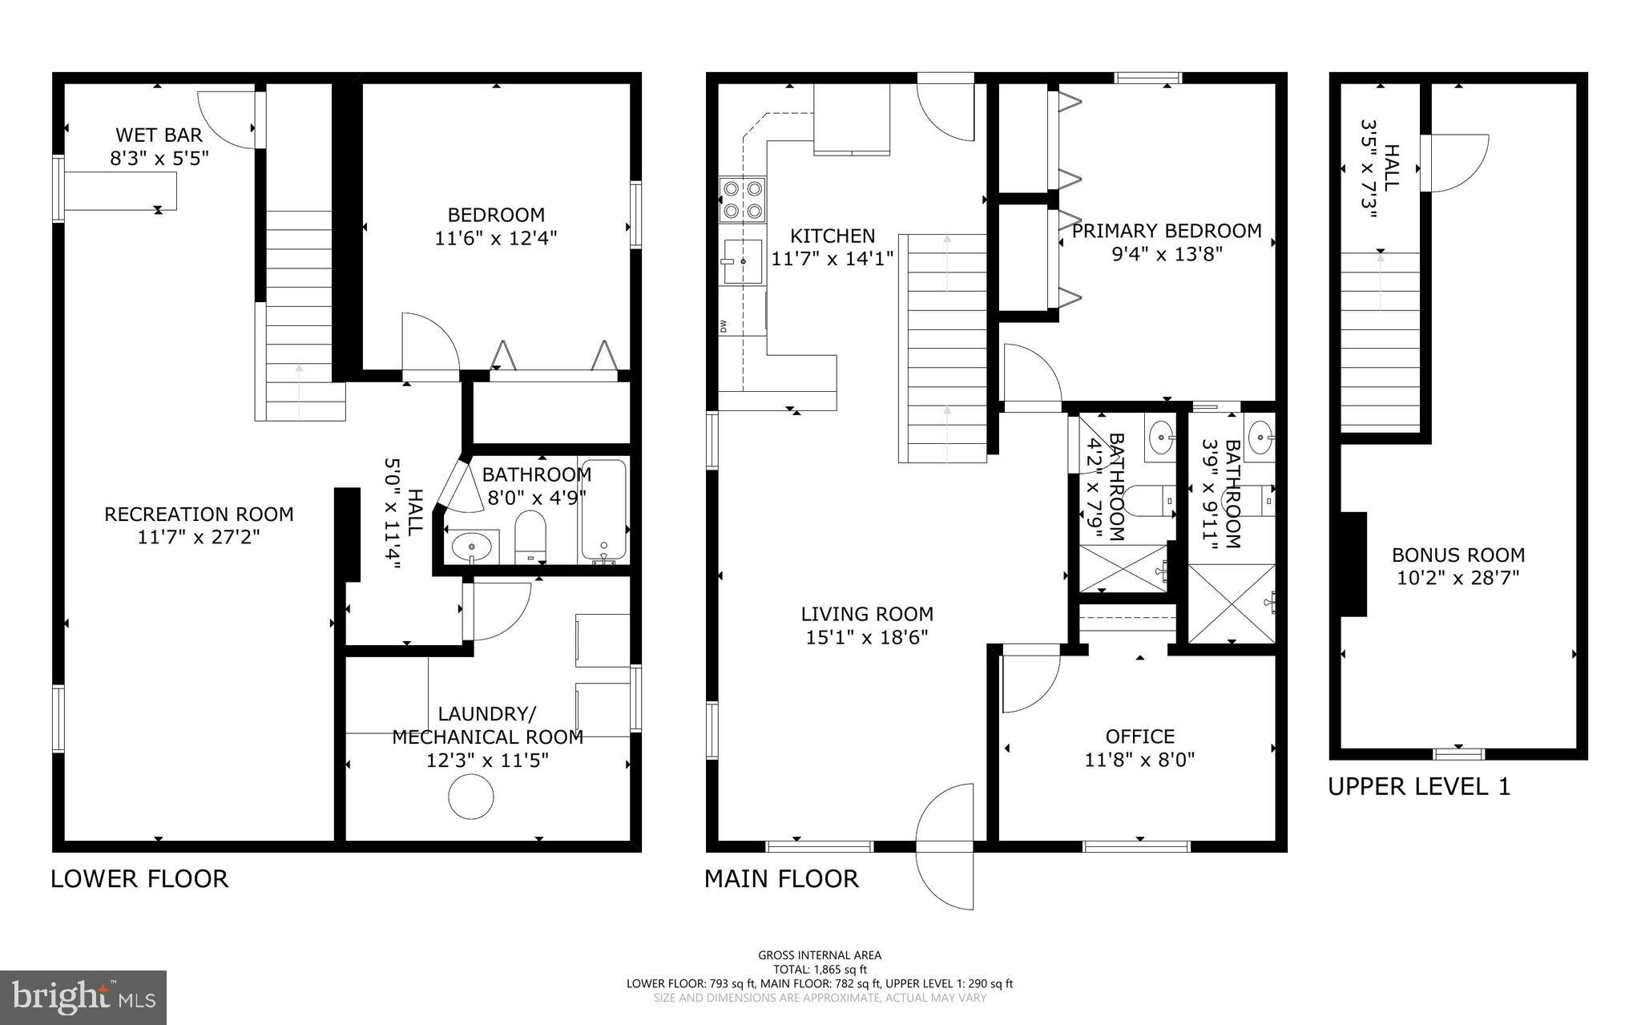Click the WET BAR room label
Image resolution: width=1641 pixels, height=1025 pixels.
(159, 135)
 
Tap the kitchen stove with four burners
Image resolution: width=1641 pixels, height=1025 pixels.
(742, 200)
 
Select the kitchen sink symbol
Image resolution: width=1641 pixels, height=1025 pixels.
(743, 261)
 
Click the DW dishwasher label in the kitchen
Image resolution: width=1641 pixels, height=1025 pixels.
(723, 325)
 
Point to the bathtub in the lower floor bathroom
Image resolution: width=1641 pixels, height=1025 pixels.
(603, 511)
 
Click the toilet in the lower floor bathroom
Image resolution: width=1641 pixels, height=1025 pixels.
(530, 535)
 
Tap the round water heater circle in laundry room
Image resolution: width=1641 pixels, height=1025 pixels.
(470, 797)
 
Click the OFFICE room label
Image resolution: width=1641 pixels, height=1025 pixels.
(1139, 736)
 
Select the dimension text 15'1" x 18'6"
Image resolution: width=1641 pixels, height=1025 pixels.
(867, 638)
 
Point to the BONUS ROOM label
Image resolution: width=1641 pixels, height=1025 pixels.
(1458, 555)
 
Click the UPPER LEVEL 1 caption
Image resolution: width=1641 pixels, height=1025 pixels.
(1419, 786)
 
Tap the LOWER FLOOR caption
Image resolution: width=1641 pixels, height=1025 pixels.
(139, 878)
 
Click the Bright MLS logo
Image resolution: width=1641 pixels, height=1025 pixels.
(83, 997)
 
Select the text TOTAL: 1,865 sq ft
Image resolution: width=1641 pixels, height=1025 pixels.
(819, 969)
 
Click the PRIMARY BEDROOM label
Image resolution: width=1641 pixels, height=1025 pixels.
(1166, 231)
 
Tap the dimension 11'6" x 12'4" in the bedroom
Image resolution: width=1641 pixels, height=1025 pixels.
(495, 238)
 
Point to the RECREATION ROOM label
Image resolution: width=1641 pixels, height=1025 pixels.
(199, 514)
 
